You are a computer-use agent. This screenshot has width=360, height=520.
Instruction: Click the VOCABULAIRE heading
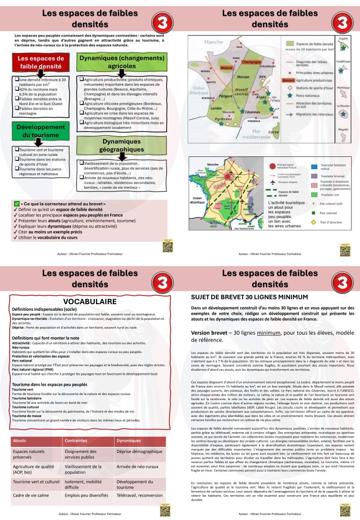pos(90,302)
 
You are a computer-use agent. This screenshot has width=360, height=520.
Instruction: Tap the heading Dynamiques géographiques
pos(114,145)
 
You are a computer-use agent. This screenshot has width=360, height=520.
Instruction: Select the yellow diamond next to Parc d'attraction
pos(314,222)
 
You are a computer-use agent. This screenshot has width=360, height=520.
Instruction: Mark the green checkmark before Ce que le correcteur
pos(17,204)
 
